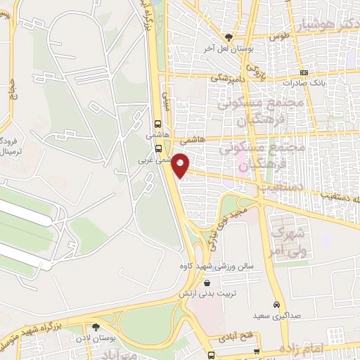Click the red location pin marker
[x=181, y=165]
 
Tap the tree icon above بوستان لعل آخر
[x=229, y=37]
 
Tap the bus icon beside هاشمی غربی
[x=158, y=148]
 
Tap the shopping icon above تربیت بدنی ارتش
[x=207, y=283]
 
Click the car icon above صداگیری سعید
[x=277, y=304]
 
